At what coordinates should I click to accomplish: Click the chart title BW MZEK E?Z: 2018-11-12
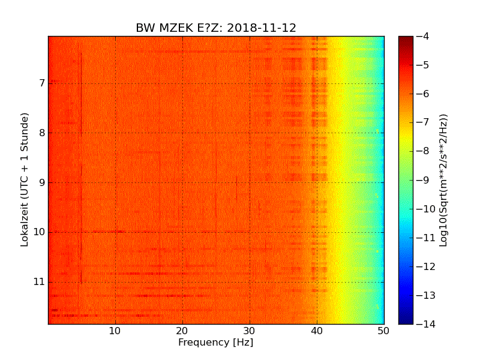pyautogui.click(x=216, y=28)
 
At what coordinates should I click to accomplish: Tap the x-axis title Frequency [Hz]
pyautogui.click(x=216, y=343)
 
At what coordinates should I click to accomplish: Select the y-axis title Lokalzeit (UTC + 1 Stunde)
pyautogui.click(x=25, y=180)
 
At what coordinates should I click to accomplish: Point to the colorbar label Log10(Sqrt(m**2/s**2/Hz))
pyautogui.click(x=444, y=180)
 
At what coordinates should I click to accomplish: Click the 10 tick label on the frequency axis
pyautogui.click(x=115, y=331)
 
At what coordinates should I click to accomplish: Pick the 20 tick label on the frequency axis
pyautogui.click(x=182, y=331)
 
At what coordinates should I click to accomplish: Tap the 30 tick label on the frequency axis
pyautogui.click(x=250, y=331)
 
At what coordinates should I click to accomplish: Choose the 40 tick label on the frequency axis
pyautogui.click(x=317, y=331)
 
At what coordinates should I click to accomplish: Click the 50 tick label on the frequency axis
pyautogui.click(x=383, y=331)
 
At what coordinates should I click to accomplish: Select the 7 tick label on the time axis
pyautogui.click(x=41, y=83)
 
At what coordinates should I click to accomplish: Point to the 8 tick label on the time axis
pyautogui.click(x=41, y=133)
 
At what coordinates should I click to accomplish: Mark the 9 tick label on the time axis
pyautogui.click(x=41, y=182)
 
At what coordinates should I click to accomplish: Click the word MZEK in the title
pyautogui.click(x=174, y=28)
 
